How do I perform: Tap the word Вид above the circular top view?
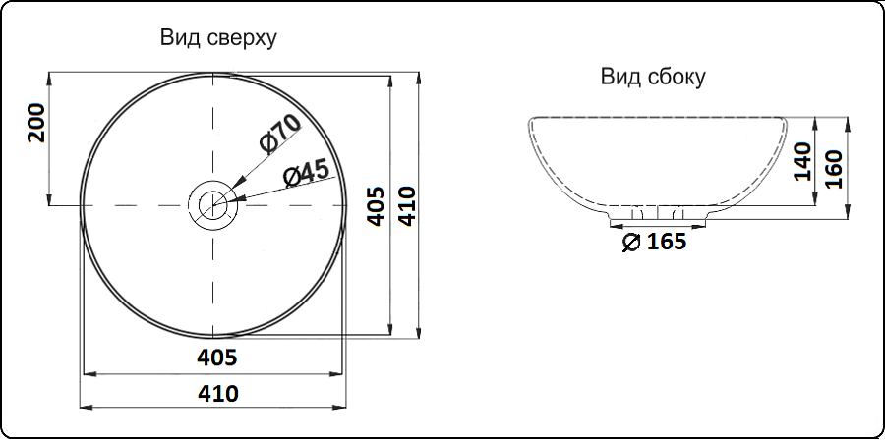(178, 37)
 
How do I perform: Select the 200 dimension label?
(36, 123)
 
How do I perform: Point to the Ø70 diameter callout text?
(280, 135)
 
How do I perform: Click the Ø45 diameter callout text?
(307, 175)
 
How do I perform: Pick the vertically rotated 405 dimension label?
(376, 206)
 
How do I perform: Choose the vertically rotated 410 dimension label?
(406, 206)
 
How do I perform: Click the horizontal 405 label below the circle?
(217, 357)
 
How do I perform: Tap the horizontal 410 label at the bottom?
(218, 393)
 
